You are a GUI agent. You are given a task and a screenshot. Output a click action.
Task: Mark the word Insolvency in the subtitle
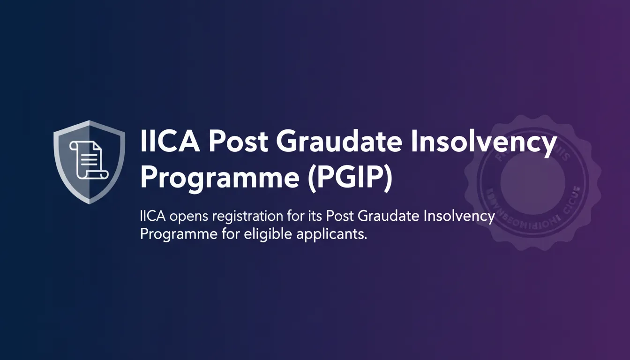(461, 217)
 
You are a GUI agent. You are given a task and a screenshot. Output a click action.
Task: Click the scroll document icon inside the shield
(89, 159)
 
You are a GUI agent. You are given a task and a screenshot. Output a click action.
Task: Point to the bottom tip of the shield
(89, 203)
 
